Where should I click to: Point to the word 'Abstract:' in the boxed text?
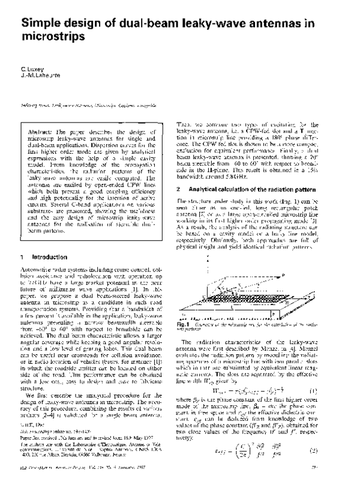[x=44, y=130]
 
